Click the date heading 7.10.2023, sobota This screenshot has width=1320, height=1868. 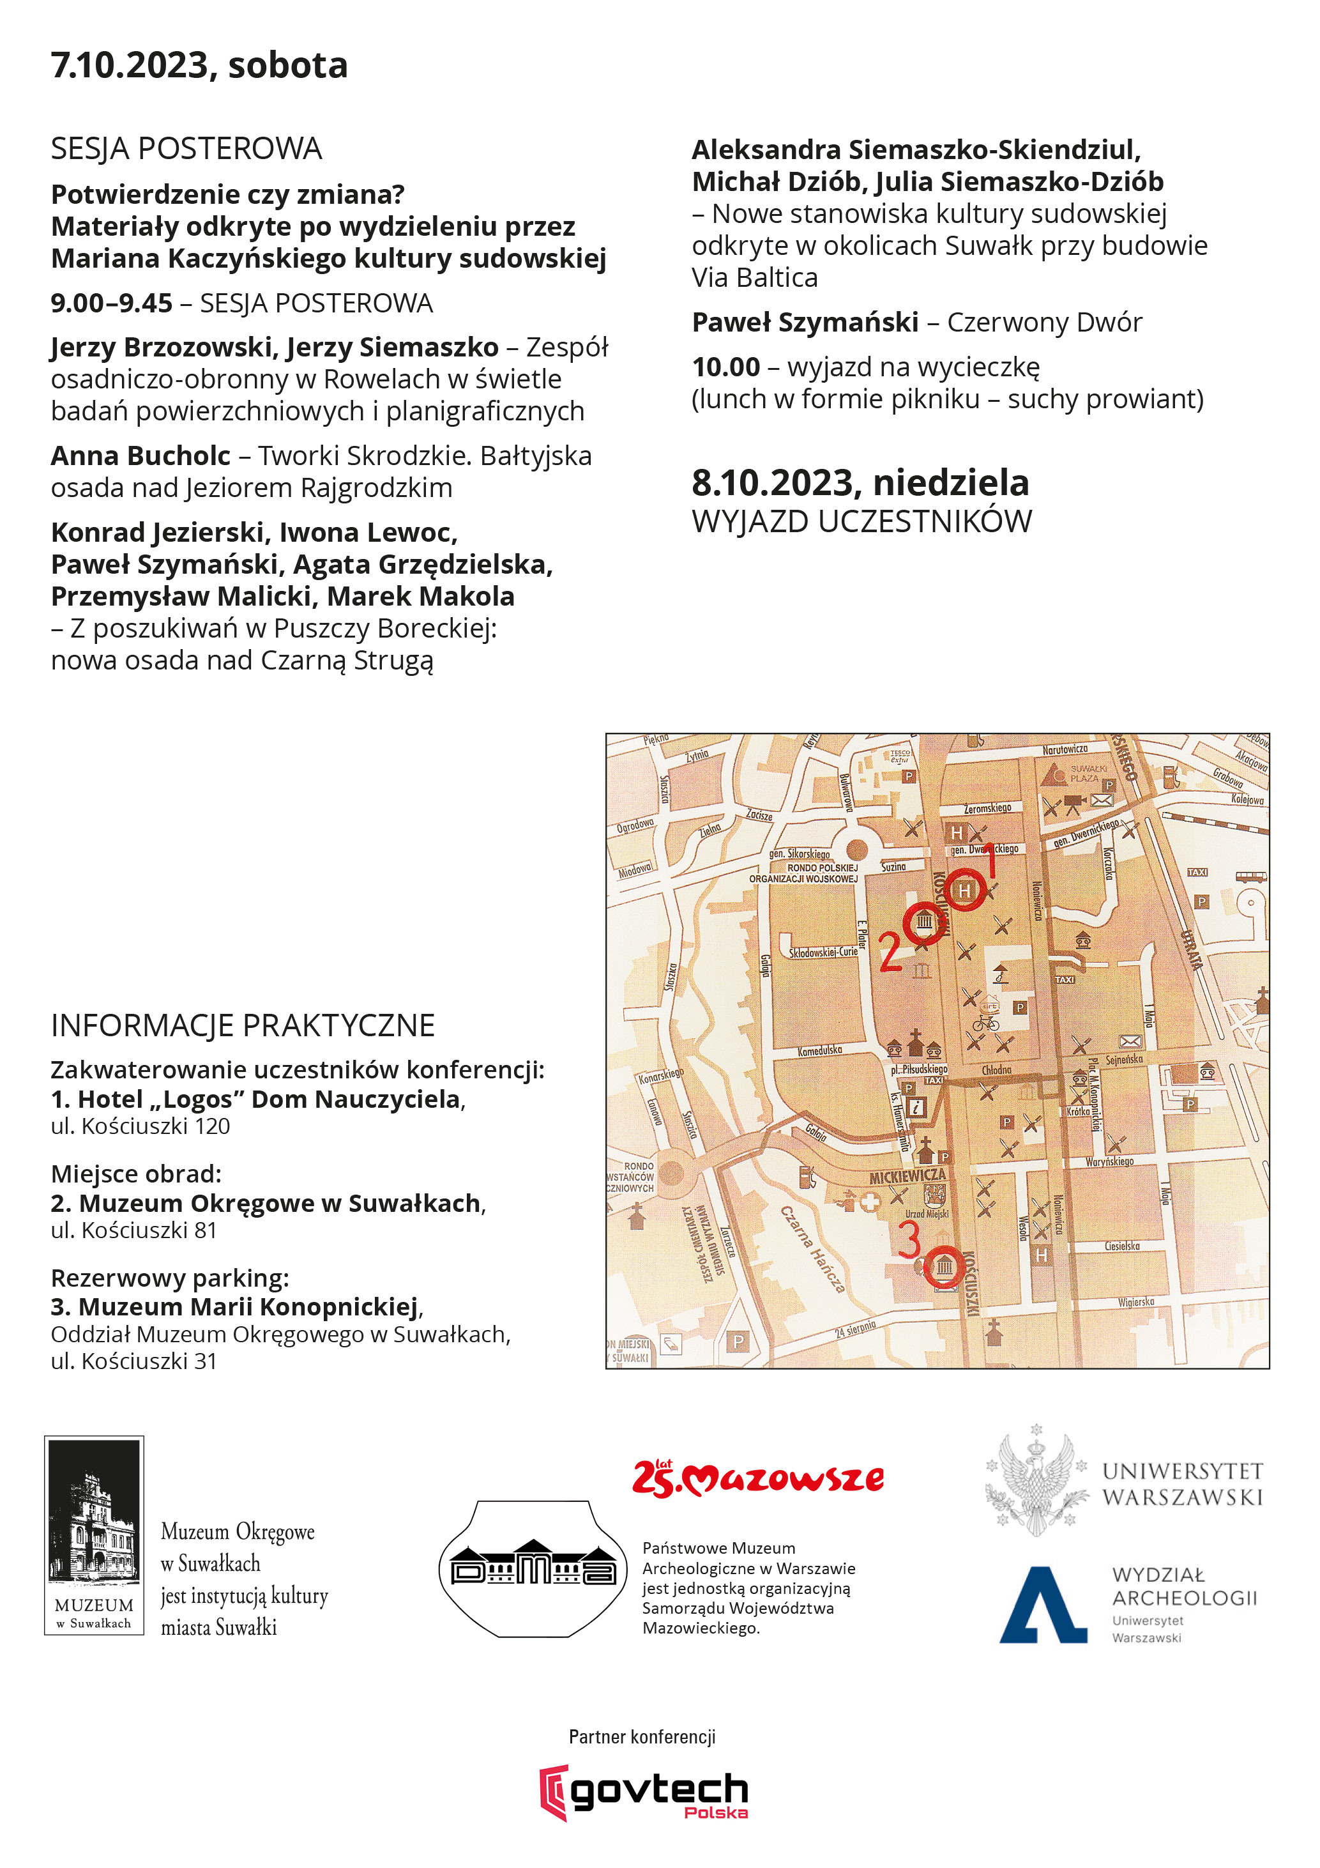[199, 65]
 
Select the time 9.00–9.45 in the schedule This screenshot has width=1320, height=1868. [111, 303]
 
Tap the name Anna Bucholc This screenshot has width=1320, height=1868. [140, 456]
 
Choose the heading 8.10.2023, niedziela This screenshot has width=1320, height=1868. [860, 483]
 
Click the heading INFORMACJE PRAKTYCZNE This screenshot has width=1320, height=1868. [243, 1026]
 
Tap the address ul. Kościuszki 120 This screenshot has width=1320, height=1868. [140, 1126]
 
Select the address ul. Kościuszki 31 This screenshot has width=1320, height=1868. [133, 1361]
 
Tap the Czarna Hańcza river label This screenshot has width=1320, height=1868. [812, 1249]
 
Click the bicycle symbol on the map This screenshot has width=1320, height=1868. [986, 1022]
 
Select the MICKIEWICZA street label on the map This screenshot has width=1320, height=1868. [907, 1177]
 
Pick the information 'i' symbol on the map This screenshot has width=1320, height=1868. [916, 1107]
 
